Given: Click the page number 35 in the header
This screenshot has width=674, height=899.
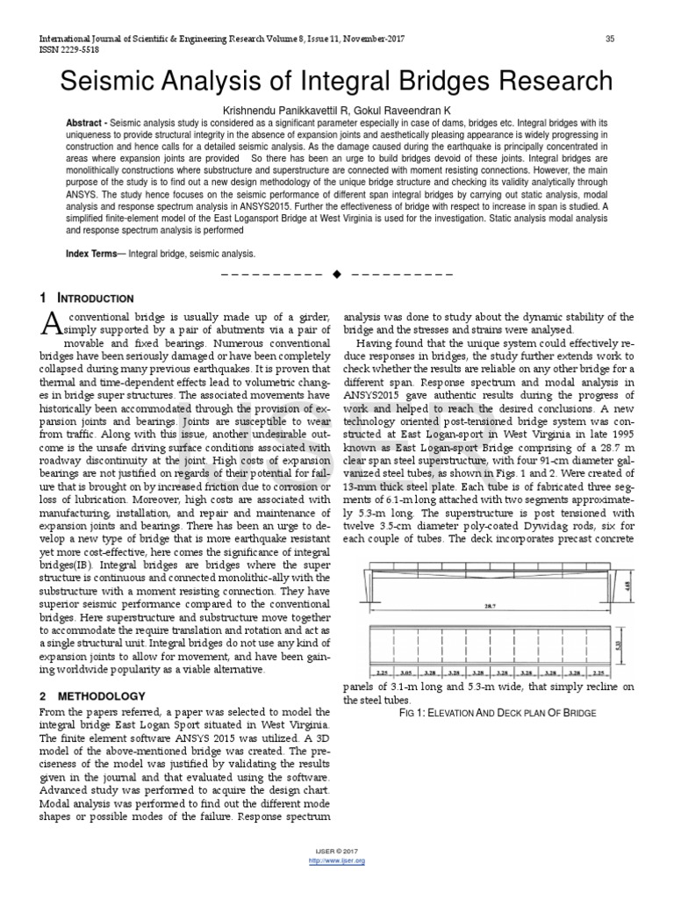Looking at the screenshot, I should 610,40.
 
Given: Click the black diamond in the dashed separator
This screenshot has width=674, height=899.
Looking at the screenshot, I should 336,275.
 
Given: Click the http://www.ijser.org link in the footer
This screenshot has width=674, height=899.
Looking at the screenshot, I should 337,861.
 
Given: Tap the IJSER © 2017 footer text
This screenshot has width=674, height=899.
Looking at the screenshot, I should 337,852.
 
